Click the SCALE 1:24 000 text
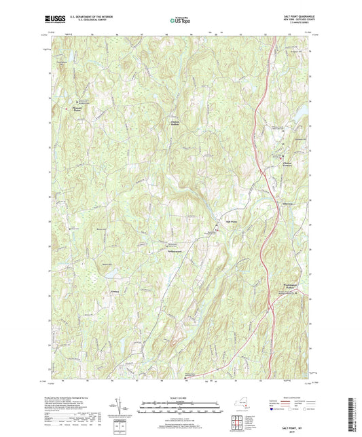180,397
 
